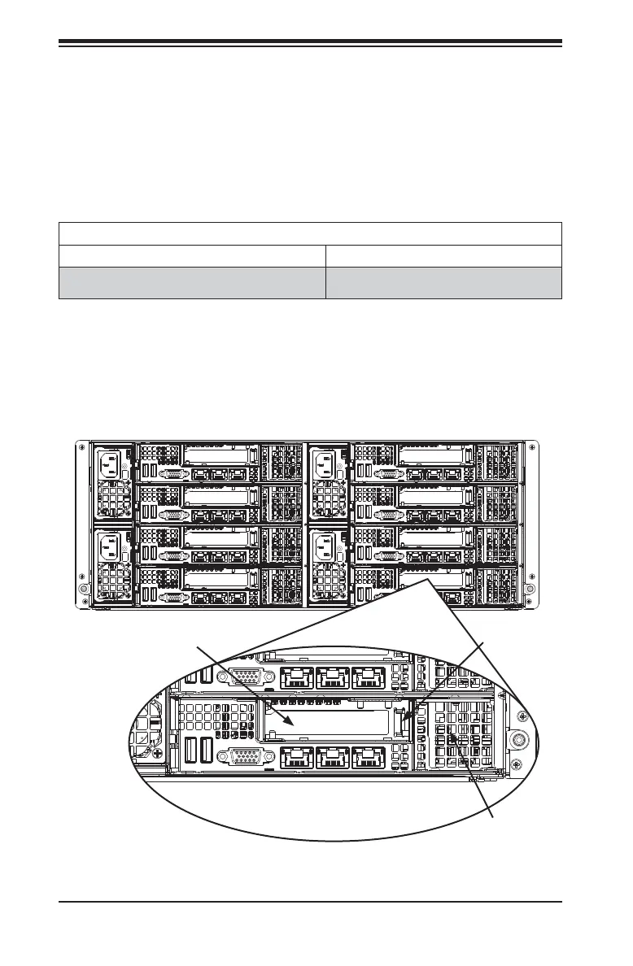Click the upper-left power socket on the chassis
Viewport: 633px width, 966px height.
tap(111, 466)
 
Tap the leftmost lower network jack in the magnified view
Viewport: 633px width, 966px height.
tap(294, 757)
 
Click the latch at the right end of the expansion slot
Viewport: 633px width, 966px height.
tap(400, 720)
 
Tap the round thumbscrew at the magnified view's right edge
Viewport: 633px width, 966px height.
tap(517, 739)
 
